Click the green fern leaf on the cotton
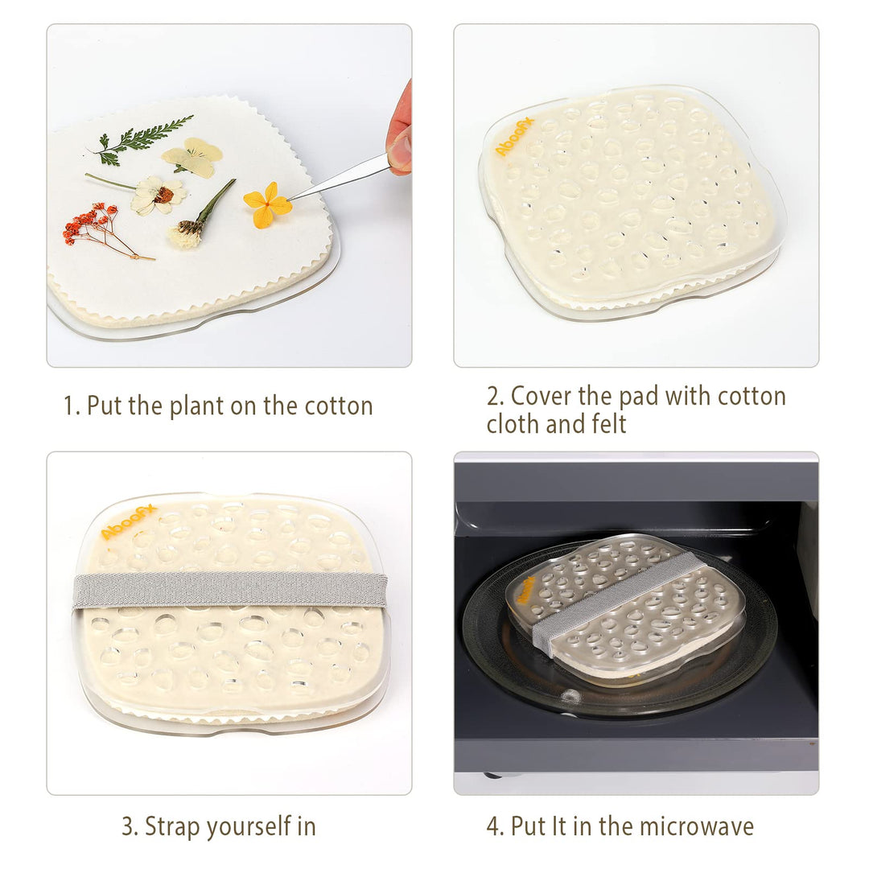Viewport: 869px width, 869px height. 142,138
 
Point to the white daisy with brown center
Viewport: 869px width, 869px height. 159,196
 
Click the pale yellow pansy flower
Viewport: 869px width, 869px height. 193,157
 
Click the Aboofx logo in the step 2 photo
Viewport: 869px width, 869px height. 514,137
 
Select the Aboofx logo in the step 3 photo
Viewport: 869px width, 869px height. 128,521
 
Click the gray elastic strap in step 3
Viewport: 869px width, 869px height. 229,589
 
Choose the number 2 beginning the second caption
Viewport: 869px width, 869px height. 493,396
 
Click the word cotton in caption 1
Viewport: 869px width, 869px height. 338,406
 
